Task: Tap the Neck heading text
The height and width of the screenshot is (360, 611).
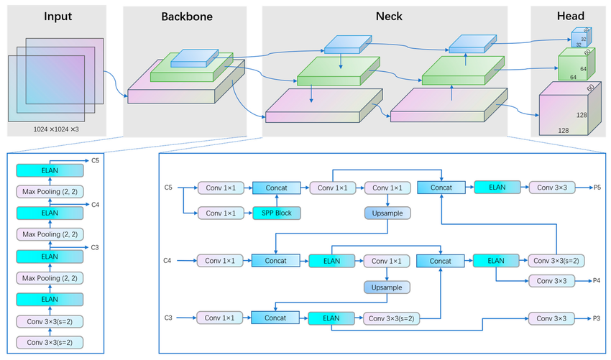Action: coord(389,16)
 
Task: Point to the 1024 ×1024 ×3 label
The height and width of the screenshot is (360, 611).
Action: coord(56,129)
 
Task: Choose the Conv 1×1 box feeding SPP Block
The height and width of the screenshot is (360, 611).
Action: coord(219,213)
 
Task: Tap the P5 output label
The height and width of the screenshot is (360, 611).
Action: coord(596,188)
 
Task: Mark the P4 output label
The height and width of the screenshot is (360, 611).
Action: coord(596,281)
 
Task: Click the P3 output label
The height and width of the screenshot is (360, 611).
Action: coord(596,317)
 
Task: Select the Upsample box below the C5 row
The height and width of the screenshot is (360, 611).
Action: coord(387,213)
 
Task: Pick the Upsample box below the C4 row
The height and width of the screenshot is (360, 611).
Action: coord(387,287)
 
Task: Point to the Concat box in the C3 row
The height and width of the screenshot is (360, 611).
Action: coord(275,317)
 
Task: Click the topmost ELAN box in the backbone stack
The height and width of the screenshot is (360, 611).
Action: coord(50,170)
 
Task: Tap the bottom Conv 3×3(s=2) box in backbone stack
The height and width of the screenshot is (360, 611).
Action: coord(50,342)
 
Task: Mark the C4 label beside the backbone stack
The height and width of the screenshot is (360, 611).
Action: coord(95,204)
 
